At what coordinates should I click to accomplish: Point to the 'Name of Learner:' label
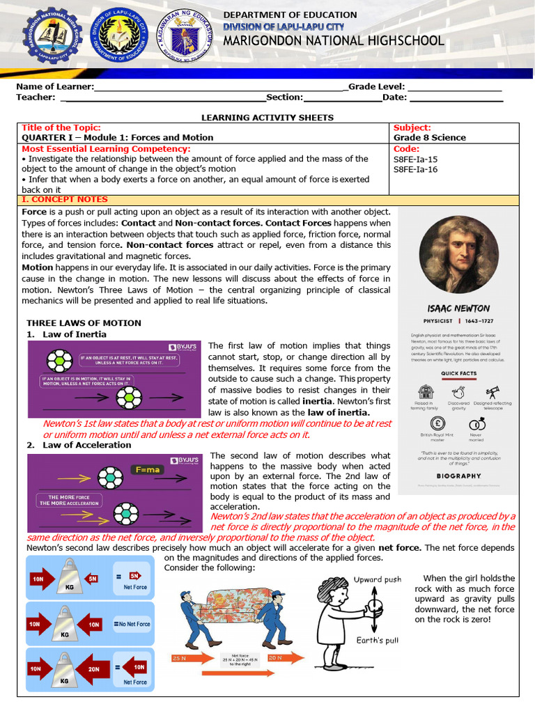(54, 86)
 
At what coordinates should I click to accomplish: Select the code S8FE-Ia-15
(416, 159)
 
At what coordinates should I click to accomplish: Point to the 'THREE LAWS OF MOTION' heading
(84, 323)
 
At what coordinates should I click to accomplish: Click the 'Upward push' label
(378, 579)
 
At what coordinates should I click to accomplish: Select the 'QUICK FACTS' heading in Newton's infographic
(458, 373)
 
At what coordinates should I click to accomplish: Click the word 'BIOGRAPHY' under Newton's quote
(458, 476)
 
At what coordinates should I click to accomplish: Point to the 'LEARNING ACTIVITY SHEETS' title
(267, 118)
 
